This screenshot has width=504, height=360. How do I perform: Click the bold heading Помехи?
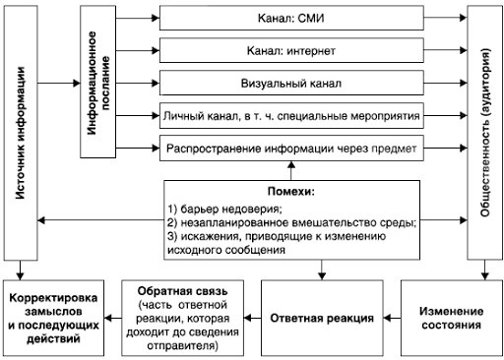290,192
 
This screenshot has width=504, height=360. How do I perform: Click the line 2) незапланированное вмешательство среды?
290,222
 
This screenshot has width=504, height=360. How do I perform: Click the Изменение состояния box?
452,316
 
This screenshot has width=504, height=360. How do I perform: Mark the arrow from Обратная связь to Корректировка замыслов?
114,317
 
